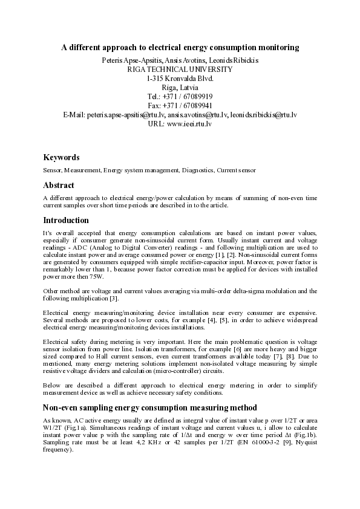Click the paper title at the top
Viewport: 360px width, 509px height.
click(x=180, y=47)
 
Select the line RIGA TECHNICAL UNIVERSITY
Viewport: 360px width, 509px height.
click(x=180, y=70)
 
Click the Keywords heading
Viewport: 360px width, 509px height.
click(x=61, y=157)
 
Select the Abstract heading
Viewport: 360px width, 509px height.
click(x=59, y=186)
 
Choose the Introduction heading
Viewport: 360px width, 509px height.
click(x=66, y=221)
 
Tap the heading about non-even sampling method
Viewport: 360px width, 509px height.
click(x=150, y=407)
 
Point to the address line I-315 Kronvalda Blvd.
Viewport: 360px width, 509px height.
click(x=180, y=79)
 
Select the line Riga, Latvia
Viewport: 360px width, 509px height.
click(x=180, y=88)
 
